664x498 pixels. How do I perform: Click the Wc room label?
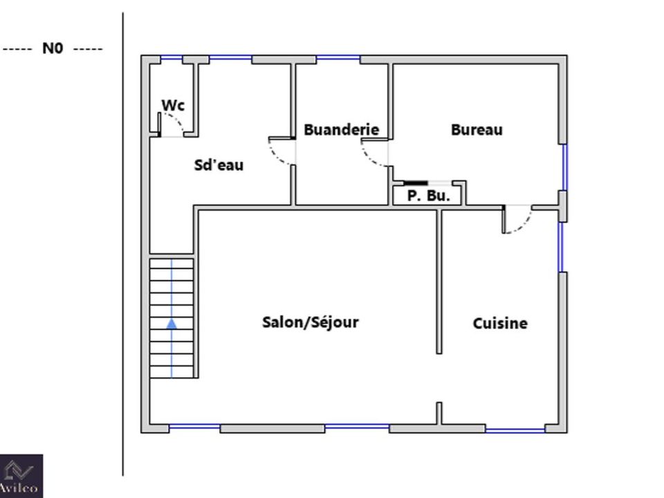pos(173,105)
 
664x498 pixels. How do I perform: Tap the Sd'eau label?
pos(219,165)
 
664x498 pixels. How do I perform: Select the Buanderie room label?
pos(341,129)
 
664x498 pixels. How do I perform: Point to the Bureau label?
pos(477,129)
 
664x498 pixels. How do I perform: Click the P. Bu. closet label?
pos(428,196)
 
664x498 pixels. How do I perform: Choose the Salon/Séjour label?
pos(311,322)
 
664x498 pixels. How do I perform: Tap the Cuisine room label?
pos(500,324)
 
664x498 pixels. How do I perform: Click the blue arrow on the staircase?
pos(172,324)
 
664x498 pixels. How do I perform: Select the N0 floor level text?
pos(53,48)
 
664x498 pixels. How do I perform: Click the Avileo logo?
pos(21,476)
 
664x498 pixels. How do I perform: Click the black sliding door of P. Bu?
pos(416,183)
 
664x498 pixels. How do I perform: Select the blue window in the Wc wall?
pos(172,57)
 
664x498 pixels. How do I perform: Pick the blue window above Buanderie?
pos(338,57)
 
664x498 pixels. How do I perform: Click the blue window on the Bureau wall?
pos(564,167)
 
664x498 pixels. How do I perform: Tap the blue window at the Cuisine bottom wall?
pos(515,431)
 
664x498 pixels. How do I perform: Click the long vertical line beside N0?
pos(123,244)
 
